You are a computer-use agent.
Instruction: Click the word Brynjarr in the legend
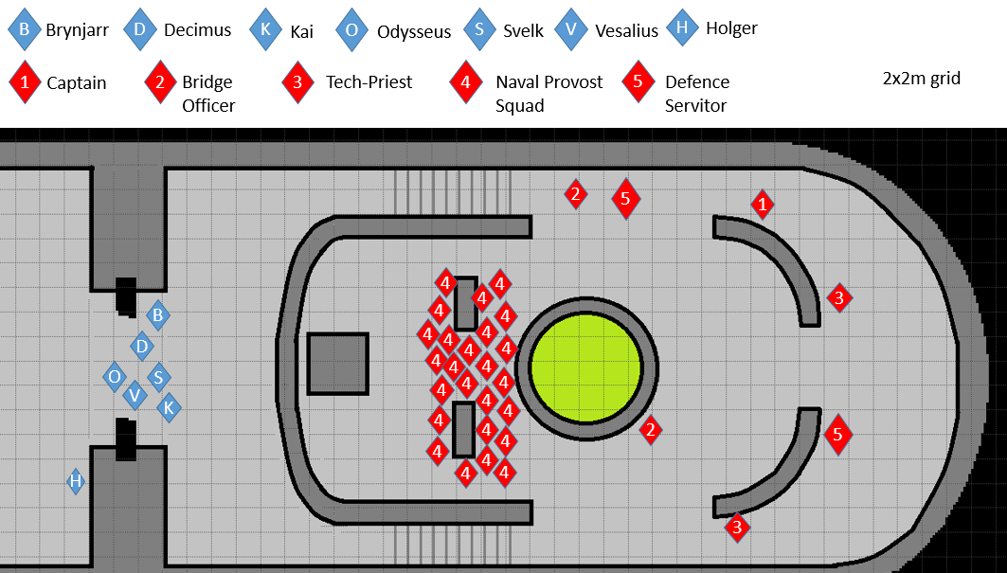tap(77, 30)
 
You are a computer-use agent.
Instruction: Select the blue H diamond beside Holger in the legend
tap(681, 27)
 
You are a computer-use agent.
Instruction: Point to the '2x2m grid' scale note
tap(921, 79)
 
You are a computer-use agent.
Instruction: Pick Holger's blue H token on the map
tap(76, 481)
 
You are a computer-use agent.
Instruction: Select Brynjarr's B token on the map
tap(158, 314)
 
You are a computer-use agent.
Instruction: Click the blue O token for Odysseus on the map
tap(115, 377)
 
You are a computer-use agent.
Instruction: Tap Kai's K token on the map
tap(169, 408)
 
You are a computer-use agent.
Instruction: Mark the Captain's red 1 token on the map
tap(762, 203)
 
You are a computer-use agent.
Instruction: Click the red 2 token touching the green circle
tap(650, 431)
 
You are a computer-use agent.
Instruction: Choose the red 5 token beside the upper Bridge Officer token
tap(624, 199)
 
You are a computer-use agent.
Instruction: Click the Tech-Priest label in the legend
tap(369, 82)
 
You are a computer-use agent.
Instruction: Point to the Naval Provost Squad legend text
tap(548, 93)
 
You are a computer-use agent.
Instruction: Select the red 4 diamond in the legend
tap(465, 82)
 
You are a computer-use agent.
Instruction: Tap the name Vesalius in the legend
tap(626, 30)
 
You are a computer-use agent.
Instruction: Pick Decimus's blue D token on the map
tap(142, 347)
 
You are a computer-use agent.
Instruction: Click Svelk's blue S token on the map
tap(158, 377)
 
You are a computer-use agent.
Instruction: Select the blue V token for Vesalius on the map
tap(135, 395)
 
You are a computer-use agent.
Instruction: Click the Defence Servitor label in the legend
tap(697, 93)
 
